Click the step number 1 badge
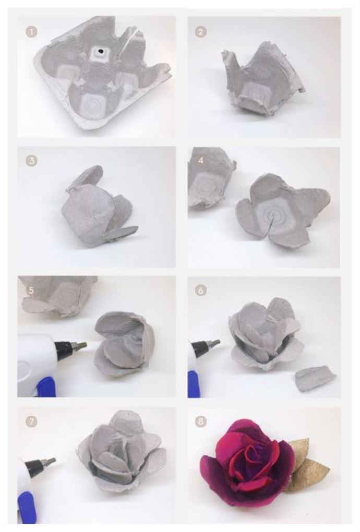point(31,32)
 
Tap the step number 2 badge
point(200,32)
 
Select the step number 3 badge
point(31,161)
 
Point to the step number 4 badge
point(200,161)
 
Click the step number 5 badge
point(31,291)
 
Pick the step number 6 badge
point(200,291)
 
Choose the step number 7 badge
point(31,422)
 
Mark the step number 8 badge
point(200,422)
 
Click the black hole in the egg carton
point(100,52)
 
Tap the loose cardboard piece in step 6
point(316,377)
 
